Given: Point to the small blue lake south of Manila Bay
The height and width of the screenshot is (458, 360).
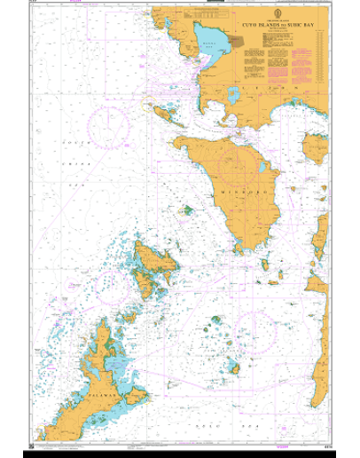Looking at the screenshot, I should pyautogui.click(x=233, y=92).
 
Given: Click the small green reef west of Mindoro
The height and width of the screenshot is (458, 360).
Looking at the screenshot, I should pyautogui.click(x=186, y=211).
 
